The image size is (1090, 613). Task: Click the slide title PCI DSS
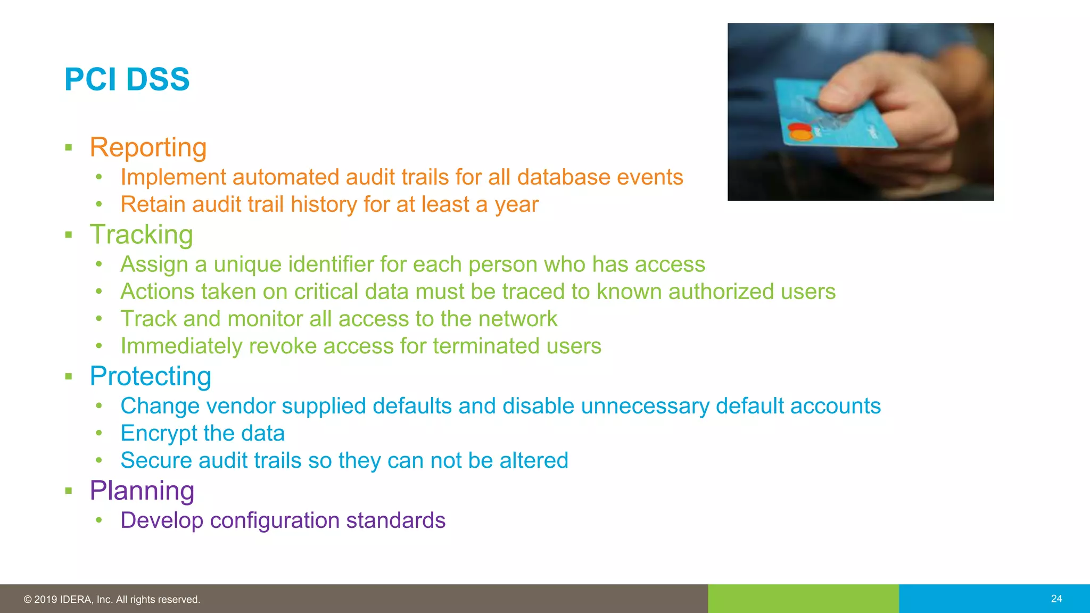coord(127,80)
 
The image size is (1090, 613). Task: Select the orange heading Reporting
coord(148,147)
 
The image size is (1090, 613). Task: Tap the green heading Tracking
coord(141,235)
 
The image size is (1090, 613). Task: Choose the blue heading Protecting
coord(150,376)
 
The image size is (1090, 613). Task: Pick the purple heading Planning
coord(142,491)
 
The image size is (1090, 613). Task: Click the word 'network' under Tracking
coord(517,319)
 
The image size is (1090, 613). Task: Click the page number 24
coord(1056,599)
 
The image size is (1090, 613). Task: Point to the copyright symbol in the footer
coord(28,600)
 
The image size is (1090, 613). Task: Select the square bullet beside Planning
coord(68,491)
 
